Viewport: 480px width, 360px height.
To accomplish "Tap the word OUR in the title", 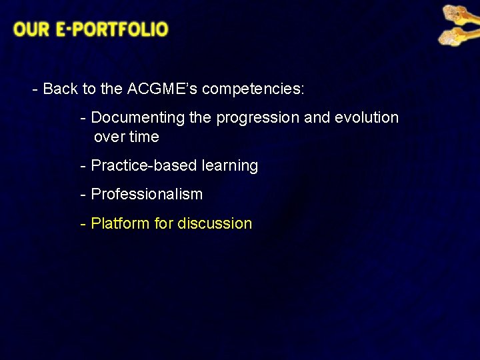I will pyautogui.click(x=30, y=29).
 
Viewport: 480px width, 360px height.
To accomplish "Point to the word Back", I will pyautogui.click(x=60, y=89).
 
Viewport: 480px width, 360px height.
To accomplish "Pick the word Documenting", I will pyautogui.click(x=137, y=118).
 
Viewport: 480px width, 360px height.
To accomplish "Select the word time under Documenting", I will pyautogui.click(x=145, y=137).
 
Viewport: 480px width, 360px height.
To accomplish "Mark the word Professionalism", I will pyautogui.click(x=147, y=195).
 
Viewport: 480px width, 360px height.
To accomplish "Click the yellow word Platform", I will pyautogui.click(x=120, y=224).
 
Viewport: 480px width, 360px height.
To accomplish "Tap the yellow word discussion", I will pyautogui.click(x=215, y=224).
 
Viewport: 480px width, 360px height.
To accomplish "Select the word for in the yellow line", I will pyautogui.click(x=163, y=224).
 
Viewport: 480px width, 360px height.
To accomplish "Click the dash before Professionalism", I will pyautogui.click(x=83, y=195).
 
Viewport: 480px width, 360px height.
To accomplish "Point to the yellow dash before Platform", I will pyautogui.click(x=83, y=224).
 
